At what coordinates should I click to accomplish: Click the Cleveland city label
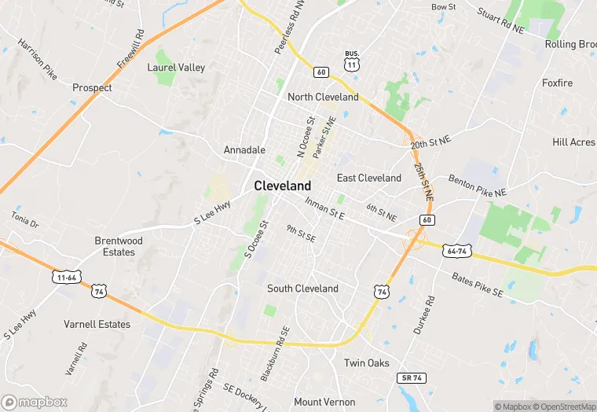pyautogui.click(x=282, y=186)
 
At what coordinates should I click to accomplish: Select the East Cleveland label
pyautogui.click(x=368, y=178)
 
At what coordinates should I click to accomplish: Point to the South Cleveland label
pyautogui.click(x=302, y=289)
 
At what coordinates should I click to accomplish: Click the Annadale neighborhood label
pyautogui.click(x=244, y=149)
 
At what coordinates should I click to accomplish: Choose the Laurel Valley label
pyautogui.click(x=176, y=68)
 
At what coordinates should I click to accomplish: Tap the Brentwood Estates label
pyautogui.click(x=119, y=246)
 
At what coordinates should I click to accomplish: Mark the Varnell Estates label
pyautogui.click(x=97, y=324)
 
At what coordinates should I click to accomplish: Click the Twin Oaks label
pyautogui.click(x=367, y=363)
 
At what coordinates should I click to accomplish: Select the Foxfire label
pyautogui.click(x=557, y=83)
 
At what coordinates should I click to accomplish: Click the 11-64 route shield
pyautogui.click(x=65, y=277)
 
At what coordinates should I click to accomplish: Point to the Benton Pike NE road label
pyautogui.click(x=478, y=186)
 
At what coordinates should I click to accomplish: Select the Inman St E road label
pyautogui.click(x=325, y=209)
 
